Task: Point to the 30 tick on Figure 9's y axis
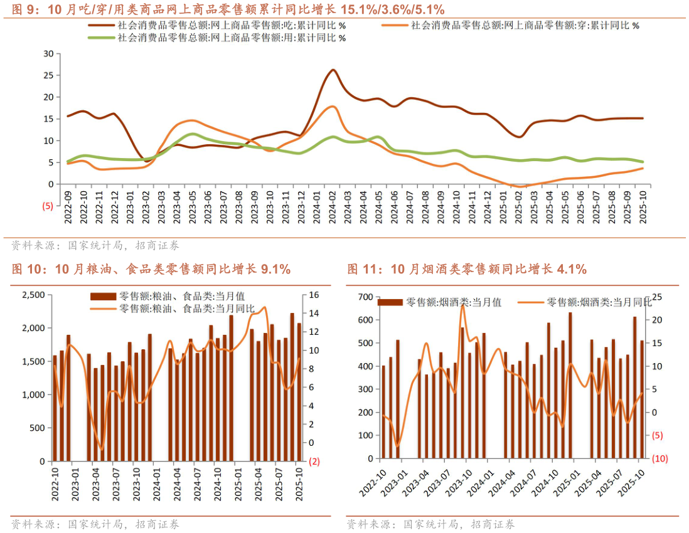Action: click(48, 53)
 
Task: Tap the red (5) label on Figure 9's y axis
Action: click(47, 206)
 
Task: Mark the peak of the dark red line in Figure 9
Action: click(333, 70)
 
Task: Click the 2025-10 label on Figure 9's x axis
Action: click(643, 208)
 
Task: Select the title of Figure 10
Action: click(151, 270)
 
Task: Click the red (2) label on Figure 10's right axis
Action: click(314, 462)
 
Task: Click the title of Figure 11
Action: click(467, 270)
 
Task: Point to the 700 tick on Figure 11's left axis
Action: click(365, 297)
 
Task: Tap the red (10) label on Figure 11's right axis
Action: click(659, 458)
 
